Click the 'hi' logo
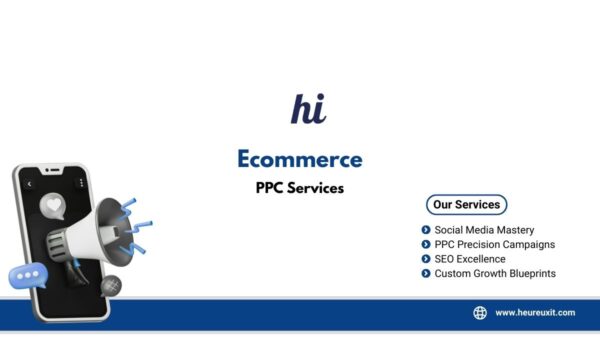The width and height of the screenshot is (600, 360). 308,107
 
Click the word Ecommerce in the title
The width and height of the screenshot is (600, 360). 299,158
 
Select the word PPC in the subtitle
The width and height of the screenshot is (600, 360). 269,187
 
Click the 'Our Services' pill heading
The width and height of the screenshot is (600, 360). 466,205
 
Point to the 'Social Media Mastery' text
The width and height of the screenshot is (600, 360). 484,230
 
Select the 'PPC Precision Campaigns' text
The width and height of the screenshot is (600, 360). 494,244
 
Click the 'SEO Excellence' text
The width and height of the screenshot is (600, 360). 470,259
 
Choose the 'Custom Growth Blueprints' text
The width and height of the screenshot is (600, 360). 494,273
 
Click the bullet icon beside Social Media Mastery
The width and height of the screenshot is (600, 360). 426,230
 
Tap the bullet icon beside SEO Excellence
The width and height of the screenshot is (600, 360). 426,259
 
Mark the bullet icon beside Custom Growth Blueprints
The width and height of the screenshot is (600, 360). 426,273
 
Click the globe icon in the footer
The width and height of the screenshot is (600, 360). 480,313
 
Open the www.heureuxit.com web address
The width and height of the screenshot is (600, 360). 535,313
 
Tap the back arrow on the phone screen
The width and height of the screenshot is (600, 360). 30,185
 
